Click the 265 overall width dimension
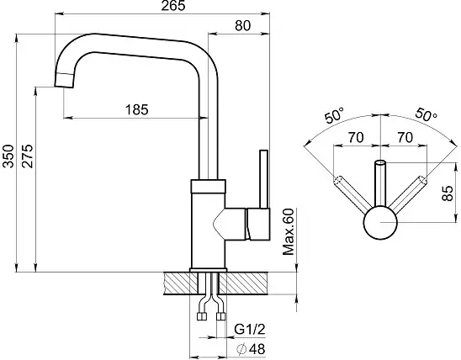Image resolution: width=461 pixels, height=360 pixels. coord(173,6)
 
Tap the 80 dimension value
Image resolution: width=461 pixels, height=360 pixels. coord(243,26)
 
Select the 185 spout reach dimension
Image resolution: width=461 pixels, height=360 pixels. coord(137,110)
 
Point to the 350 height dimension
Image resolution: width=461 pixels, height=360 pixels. coord(8,156)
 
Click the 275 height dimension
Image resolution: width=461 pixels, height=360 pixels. coord(29,156)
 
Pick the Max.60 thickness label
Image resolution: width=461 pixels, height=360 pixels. coord(288,231)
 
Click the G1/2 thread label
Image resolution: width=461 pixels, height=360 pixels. coord(250,330)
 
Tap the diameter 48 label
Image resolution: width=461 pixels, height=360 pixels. coord(251,349)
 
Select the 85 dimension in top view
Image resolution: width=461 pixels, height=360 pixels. coord(448,193)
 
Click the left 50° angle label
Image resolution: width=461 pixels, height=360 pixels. coord(334,115)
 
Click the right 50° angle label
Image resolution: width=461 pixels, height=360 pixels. coord(426,114)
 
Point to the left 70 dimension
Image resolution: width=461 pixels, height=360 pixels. coord(356,138)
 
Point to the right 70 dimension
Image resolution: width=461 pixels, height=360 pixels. coord(405,138)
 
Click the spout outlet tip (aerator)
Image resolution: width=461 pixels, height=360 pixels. coord(64,80)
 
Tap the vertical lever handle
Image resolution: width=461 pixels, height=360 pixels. coord(263,179)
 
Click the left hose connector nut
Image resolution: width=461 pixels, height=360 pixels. coord(202,316)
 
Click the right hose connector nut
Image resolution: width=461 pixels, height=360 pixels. coord(220,316)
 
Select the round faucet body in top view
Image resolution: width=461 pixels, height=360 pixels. coord(380,222)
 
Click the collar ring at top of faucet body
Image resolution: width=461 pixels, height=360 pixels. coord(208,187)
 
